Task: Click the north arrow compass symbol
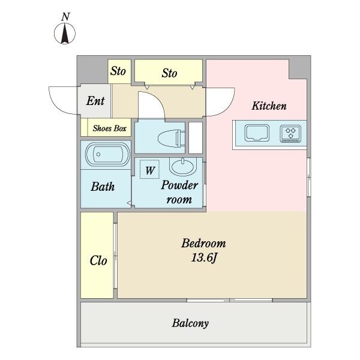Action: pyautogui.click(x=65, y=34)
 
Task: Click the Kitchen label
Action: pyautogui.click(x=268, y=106)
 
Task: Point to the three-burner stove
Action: pyautogui.click(x=291, y=133)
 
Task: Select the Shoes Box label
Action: pyautogui.click(x=109, y=128)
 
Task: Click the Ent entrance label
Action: pyautogui.click(x=95, y=101)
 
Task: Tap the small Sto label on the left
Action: pyautogui.click(x=118, y=71)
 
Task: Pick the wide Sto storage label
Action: pyautogui.click(x=169, y=73)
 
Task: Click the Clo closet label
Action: pyautogui.click(x=98, y=261)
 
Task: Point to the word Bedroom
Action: pyautogui.click(x=203, y=244)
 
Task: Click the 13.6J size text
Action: pyautogui.click(x=203, y=259)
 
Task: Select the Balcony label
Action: pyautogui.click(x=190, y=323)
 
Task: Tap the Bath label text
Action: pyautogui.click(x=103, y=187)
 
